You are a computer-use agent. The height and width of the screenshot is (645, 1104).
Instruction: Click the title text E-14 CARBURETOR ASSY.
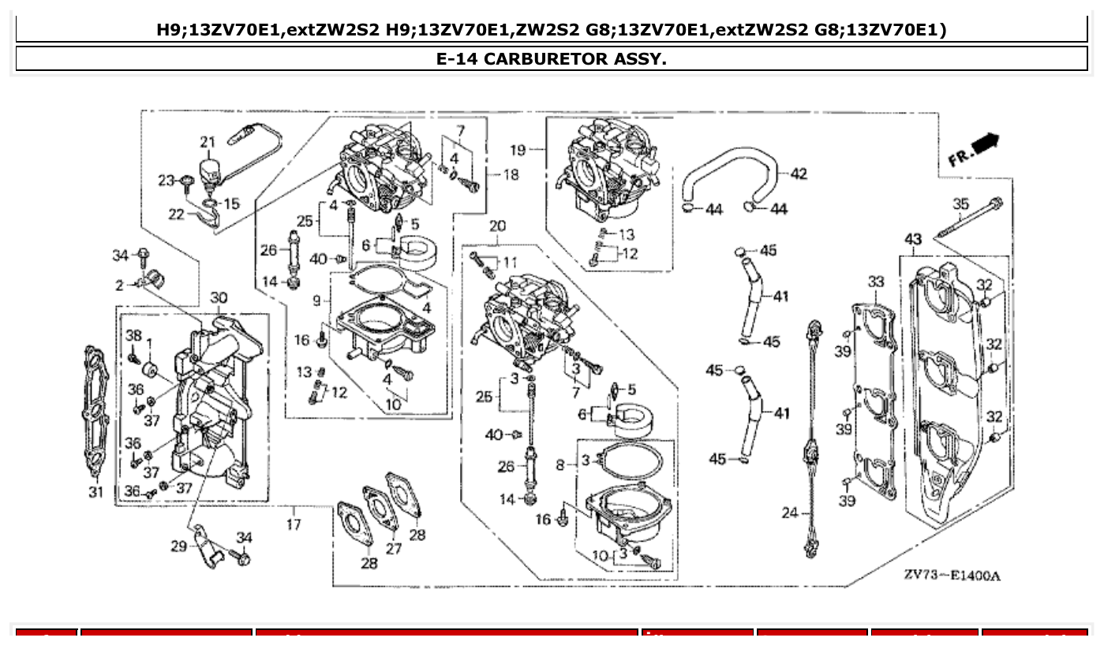coord(552,59)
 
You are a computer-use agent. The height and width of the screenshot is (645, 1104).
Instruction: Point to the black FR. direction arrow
coord(985,144)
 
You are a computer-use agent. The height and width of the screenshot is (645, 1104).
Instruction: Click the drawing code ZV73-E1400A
coord(952,576)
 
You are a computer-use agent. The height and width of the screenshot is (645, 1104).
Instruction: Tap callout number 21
coord(208,143)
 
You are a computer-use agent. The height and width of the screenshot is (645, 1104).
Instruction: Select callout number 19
coord(518,149)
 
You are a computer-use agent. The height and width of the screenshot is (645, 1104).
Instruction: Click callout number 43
coord(913,239)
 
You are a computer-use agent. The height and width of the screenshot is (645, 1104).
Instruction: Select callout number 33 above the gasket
coord(876,281)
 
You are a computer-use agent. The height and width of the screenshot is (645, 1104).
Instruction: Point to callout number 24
coord(790,513)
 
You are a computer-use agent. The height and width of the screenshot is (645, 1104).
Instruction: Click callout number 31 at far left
coord(95,493)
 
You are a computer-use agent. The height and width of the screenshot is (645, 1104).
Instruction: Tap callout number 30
coord(219,298)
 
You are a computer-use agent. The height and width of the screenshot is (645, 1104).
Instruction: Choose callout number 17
coord(294,524)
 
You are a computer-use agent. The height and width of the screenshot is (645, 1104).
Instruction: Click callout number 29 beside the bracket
coord(179,545)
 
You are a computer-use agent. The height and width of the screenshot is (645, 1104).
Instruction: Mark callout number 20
coord(497,226)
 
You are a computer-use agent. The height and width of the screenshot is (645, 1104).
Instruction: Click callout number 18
coord(511,175)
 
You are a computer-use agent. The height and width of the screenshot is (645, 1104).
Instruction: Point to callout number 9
coord(316,300)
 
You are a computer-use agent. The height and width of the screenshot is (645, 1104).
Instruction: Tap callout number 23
coord(165,181)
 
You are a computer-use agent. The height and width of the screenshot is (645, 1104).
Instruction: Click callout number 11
coord(510,262)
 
